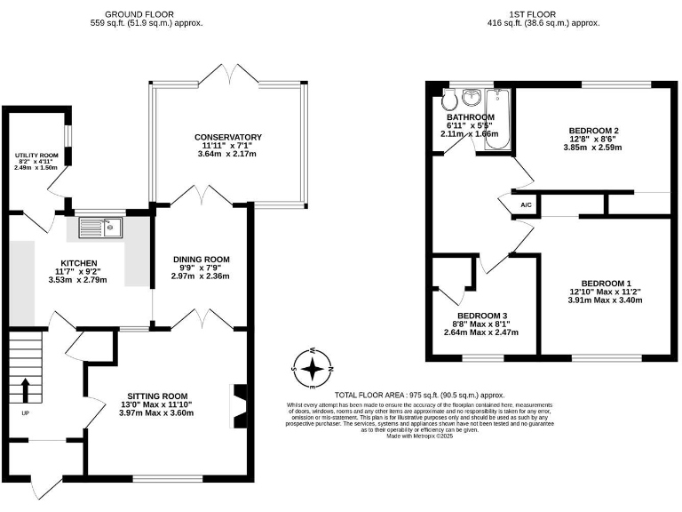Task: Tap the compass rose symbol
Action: tap(312, 369)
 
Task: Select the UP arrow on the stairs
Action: tap(24, 389)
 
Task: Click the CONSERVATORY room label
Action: tap(228, 137)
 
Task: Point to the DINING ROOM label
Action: tap(200, 259)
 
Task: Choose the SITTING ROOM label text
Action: tap(157, 396)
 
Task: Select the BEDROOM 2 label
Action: tap(593, 131)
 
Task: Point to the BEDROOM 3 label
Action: tap(483, 316)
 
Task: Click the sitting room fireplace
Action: tap(237, 407)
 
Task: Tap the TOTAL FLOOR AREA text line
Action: tap(419, 395)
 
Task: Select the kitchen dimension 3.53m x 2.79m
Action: tap(77, 280)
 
